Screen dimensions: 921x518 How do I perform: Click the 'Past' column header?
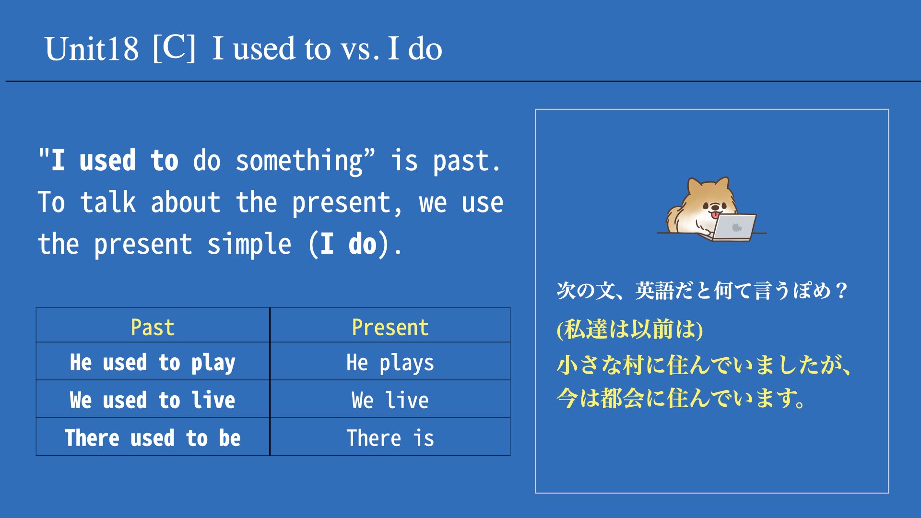point(153,328)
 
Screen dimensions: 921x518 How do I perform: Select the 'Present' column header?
point(390,328)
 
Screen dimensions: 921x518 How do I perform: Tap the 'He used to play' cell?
point(153,363)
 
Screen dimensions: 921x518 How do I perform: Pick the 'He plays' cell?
point(390,363)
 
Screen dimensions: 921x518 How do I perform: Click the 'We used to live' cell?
point(153,400)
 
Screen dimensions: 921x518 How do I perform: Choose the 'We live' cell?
point(390,400)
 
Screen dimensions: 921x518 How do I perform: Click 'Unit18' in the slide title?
point(92,49)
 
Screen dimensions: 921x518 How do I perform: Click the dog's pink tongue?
point(715,215)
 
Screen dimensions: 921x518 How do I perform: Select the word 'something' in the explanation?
point(299,161)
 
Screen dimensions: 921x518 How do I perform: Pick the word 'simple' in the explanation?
point(249,245)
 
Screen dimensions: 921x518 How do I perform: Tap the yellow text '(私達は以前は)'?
point(630,330)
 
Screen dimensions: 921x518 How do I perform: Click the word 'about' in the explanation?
point(186,202)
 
